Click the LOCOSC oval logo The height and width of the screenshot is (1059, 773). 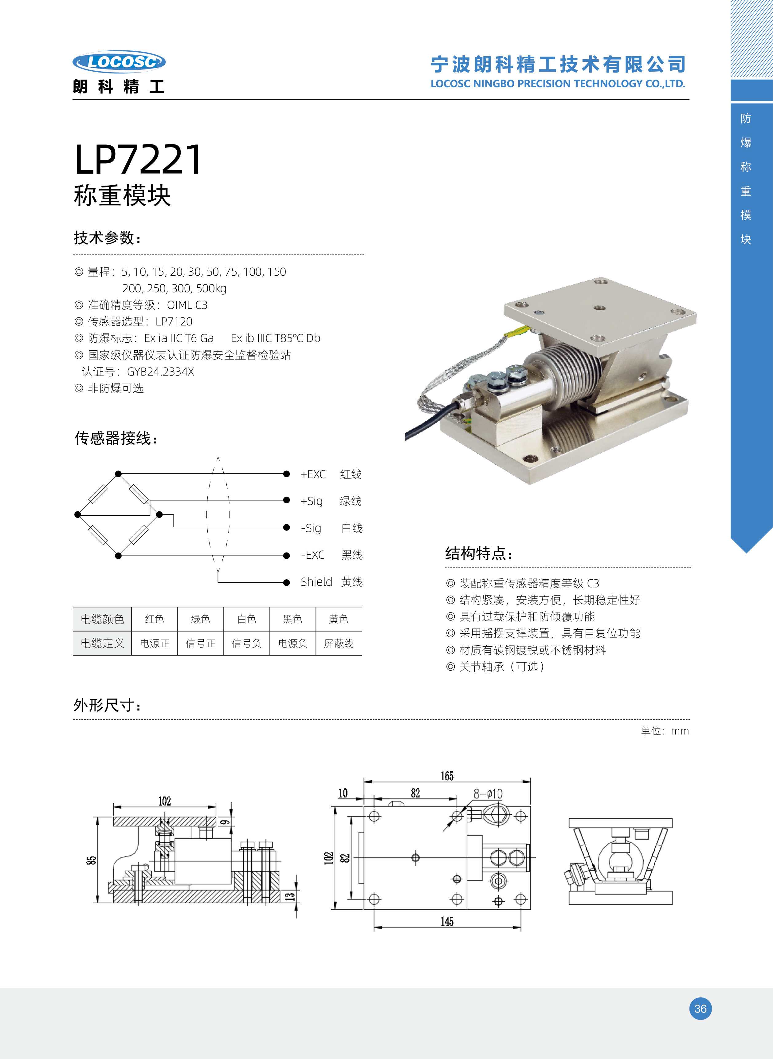point(119,62)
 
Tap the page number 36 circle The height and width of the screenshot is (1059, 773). point(700,1009)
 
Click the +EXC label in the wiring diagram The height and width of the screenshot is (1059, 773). point(313,474)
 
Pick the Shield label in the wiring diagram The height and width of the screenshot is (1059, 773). point(316,582)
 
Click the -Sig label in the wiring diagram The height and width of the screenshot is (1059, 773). point(311,528)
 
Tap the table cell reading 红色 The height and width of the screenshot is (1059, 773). point(155,620)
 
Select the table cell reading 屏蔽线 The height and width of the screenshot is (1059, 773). point(339,644)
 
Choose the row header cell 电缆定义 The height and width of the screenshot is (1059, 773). point(103,644)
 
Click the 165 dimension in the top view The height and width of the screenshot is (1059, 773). point(447,776)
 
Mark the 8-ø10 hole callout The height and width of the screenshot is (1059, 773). point(488,794)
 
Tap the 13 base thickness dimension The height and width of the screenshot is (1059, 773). point(290,896)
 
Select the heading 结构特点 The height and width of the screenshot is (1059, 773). point(478,553)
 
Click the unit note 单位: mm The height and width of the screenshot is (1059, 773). point(665,731)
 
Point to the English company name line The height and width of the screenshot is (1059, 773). point(557,84)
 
